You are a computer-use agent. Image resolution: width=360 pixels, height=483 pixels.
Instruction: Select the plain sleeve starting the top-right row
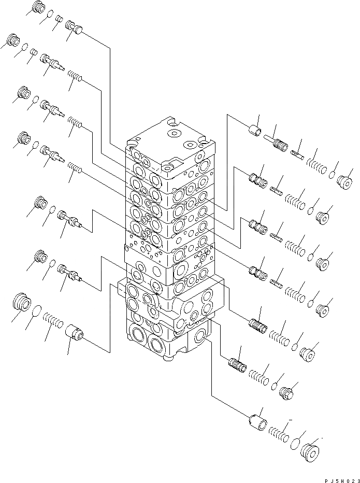[x=254, y=130]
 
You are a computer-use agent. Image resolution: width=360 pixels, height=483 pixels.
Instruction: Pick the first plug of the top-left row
[x=38, y=8]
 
